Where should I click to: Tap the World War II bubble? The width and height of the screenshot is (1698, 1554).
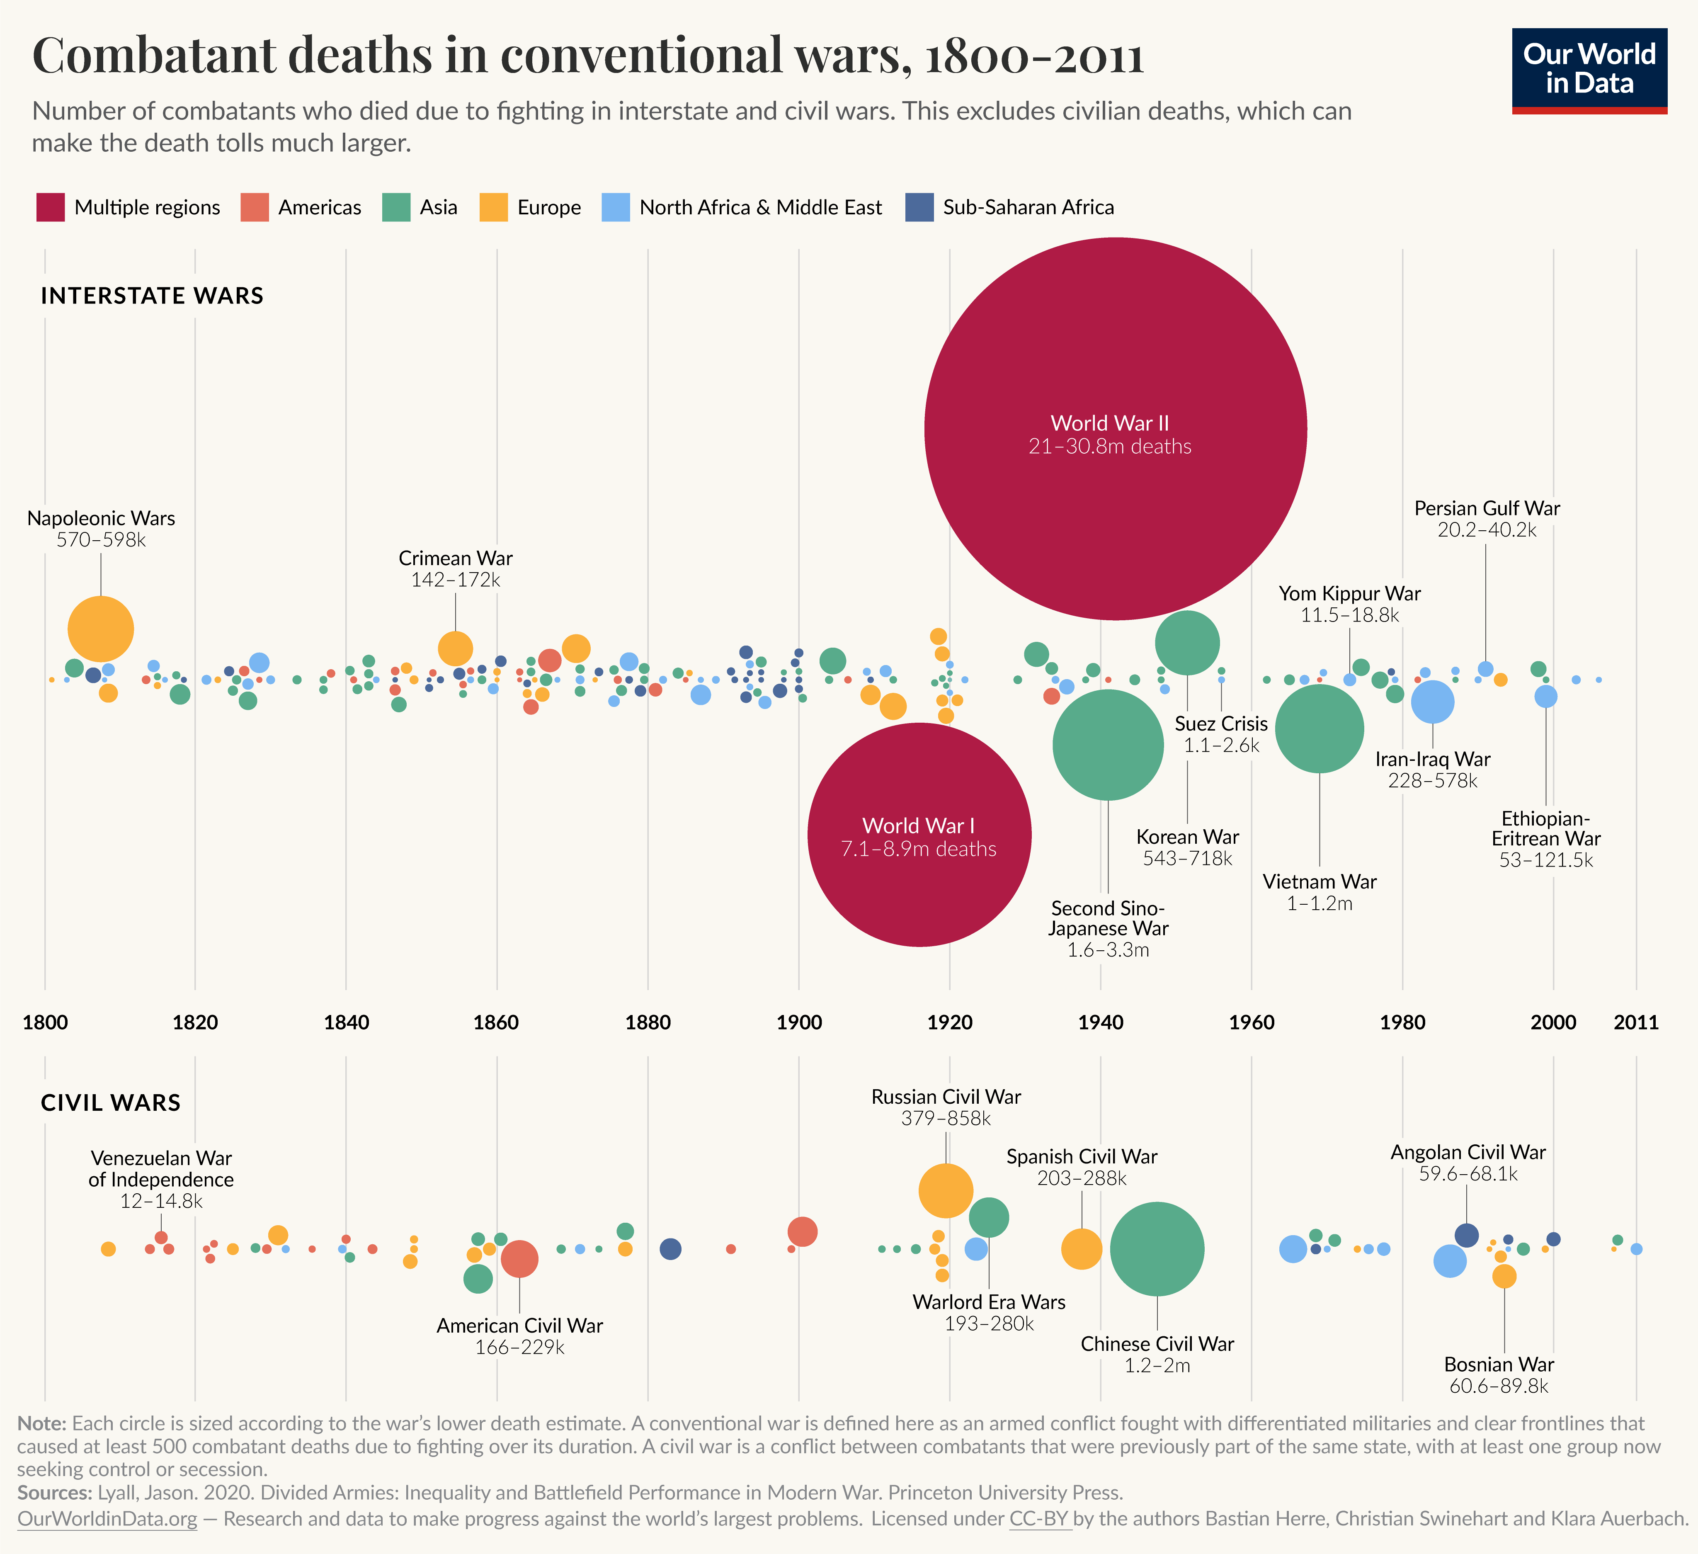click(1115, 429)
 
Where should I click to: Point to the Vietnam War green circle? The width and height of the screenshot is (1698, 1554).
click(1319, 728)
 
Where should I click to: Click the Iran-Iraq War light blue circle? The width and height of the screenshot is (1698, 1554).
click(1432, 702)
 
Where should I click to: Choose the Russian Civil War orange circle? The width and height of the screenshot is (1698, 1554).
click(946, 1190)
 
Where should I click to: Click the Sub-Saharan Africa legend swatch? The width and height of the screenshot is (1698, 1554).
click(919, 207)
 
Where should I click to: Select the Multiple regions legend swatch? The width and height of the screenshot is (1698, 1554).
click(51, 207)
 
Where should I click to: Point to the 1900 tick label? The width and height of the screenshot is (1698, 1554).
click(798, 1022)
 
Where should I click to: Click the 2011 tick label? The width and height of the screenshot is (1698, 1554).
click(1636, 1022)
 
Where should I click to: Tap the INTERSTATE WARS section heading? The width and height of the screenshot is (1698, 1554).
click(153, 296)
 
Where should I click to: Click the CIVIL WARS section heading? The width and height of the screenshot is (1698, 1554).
click(110, 1102)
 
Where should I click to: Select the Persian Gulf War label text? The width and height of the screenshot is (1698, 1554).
click(1487, 509)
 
